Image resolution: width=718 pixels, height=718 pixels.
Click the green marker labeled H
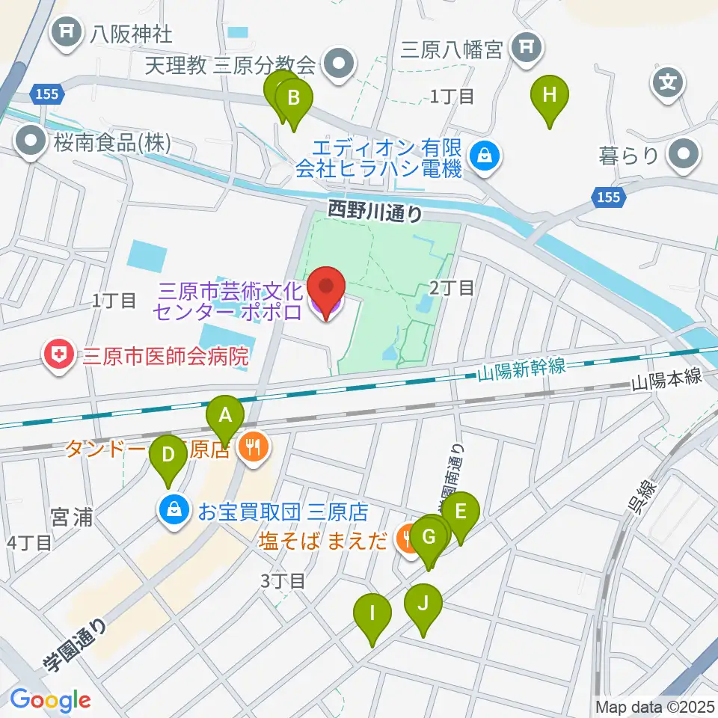(550, 96)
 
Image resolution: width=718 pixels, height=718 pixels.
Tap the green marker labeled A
(226, 414)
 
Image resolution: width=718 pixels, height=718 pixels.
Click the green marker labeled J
(423, 604)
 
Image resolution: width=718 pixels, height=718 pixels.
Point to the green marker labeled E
(460, 512)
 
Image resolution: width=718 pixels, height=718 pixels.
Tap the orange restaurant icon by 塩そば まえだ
(408, 540)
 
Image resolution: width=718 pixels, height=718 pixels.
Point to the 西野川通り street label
(375, 212)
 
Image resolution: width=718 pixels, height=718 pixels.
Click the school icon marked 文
(668, 82)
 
